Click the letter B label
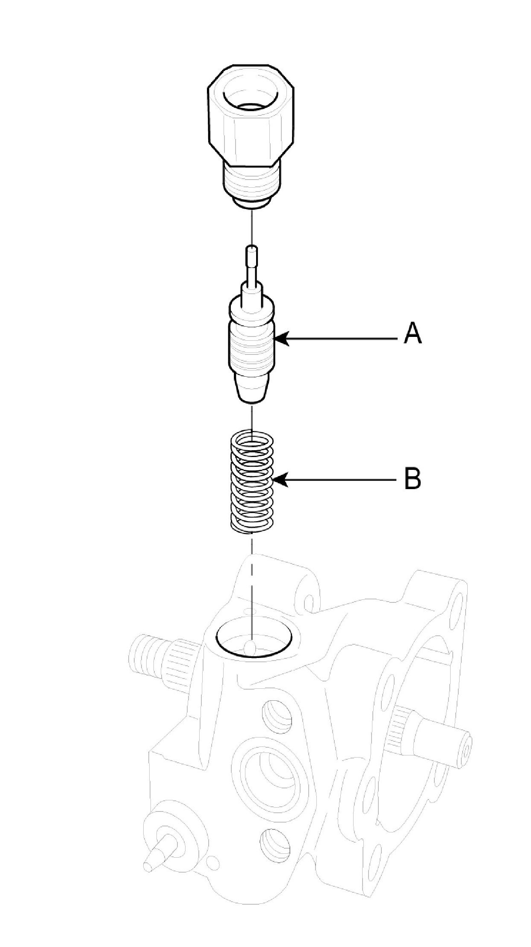[413, 479]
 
